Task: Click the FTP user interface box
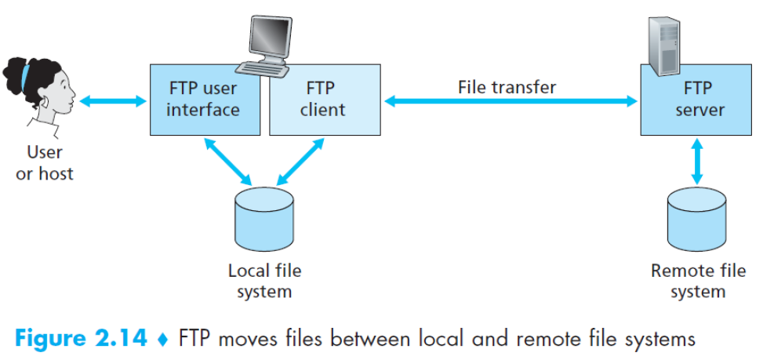(x=203, y=100)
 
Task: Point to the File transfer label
(x=507, y=87)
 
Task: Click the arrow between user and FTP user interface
(x=113, y=100)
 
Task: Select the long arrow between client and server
(x=510, y=100)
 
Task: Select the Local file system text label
(x=264, y=281)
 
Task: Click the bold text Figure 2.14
(x=81, y=339)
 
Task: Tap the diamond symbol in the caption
(x=163, y=340)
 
